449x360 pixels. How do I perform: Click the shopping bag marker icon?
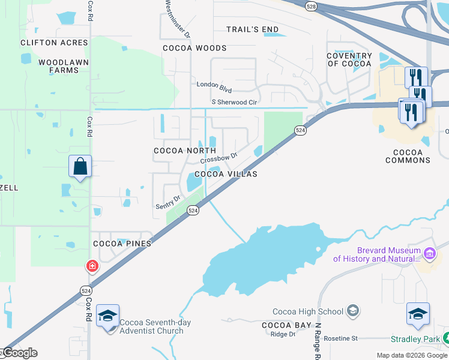coord(80,167)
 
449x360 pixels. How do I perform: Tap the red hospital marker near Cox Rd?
coord(92,265)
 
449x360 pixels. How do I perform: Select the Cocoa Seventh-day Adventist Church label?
coord(155,326)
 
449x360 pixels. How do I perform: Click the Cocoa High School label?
coord(308,311)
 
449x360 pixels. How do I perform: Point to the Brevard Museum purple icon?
coord(429,254)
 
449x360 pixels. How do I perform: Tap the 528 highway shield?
coord(310,5)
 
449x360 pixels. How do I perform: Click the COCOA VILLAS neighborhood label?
coord(225,174)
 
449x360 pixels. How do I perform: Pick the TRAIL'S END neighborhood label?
coord(252,29)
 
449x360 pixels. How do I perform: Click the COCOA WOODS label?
coord(195,48)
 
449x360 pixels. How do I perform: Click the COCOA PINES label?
coord(122,244)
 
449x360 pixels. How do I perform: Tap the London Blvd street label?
coord(214,88)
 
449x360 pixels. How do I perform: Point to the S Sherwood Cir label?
coord(234,103)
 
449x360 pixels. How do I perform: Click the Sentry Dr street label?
coord(168,202)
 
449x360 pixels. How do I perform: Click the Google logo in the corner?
coord(19,353)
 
